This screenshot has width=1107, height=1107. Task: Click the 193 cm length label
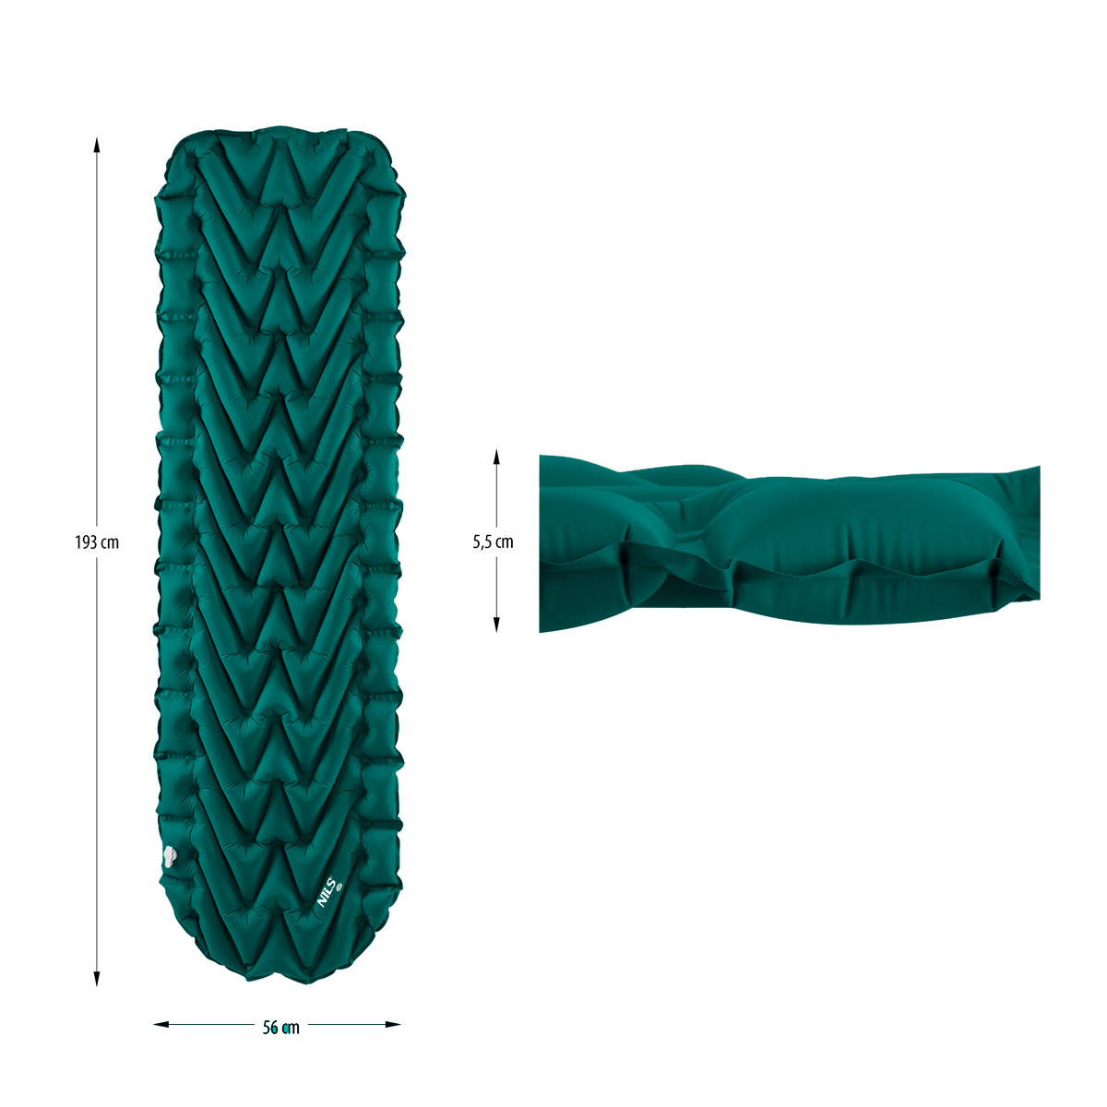pos(97,542)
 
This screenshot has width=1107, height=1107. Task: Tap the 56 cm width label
pos(281,1028)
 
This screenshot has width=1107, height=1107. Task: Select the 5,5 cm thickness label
pos(493,542)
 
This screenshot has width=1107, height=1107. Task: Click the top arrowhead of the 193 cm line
pos(97,145)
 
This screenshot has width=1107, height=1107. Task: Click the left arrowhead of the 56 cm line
pos(161,1024)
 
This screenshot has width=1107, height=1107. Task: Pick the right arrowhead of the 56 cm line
pos(393,1024)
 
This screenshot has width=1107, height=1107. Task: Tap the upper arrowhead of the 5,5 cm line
pos(497,457)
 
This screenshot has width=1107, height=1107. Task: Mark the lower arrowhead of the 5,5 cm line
pos(497,625)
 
